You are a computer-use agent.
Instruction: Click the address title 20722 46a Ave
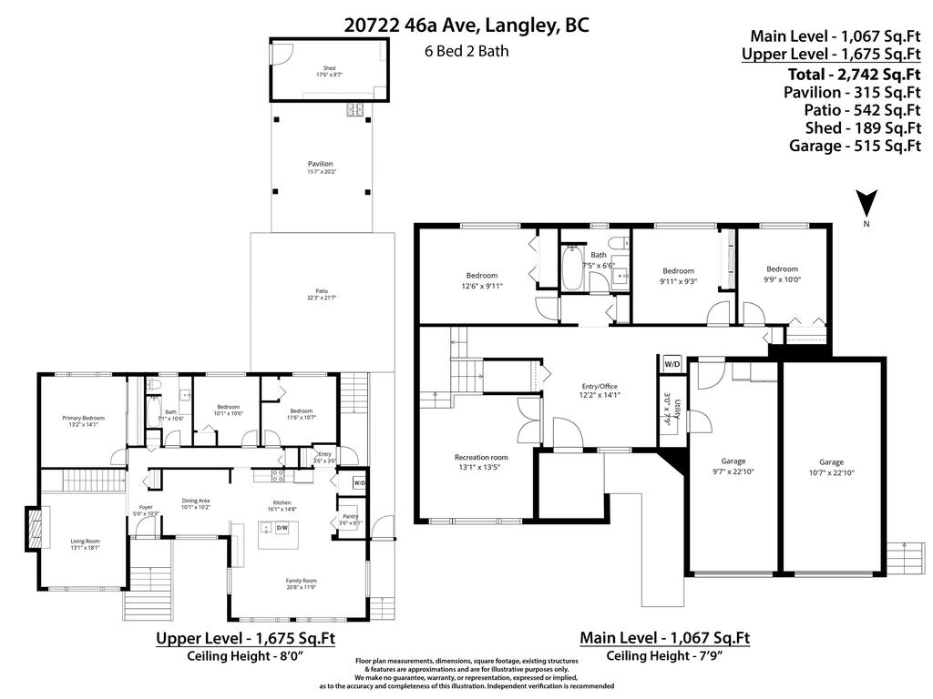(x=466, y=25)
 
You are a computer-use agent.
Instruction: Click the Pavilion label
(x=320, y=164)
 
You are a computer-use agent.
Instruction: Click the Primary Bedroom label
(x=84, y=418)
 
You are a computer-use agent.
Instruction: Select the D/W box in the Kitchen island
(x=282, y=528)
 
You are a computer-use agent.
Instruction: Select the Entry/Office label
(x=600, y=389)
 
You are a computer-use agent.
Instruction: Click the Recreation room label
(x=481, y=457)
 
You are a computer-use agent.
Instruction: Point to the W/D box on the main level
(x=672, y=363)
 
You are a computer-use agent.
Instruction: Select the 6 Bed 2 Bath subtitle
(x=466, y=51)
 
